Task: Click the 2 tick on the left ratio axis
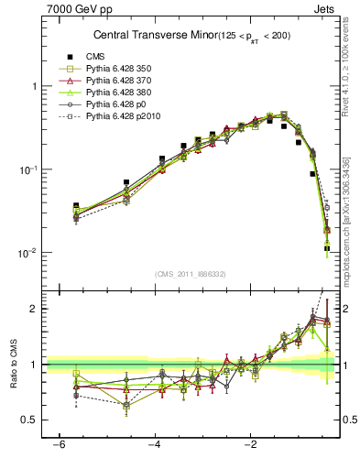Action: (x=34, y=309)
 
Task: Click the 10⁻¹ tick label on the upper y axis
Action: (x=27, y=169)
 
